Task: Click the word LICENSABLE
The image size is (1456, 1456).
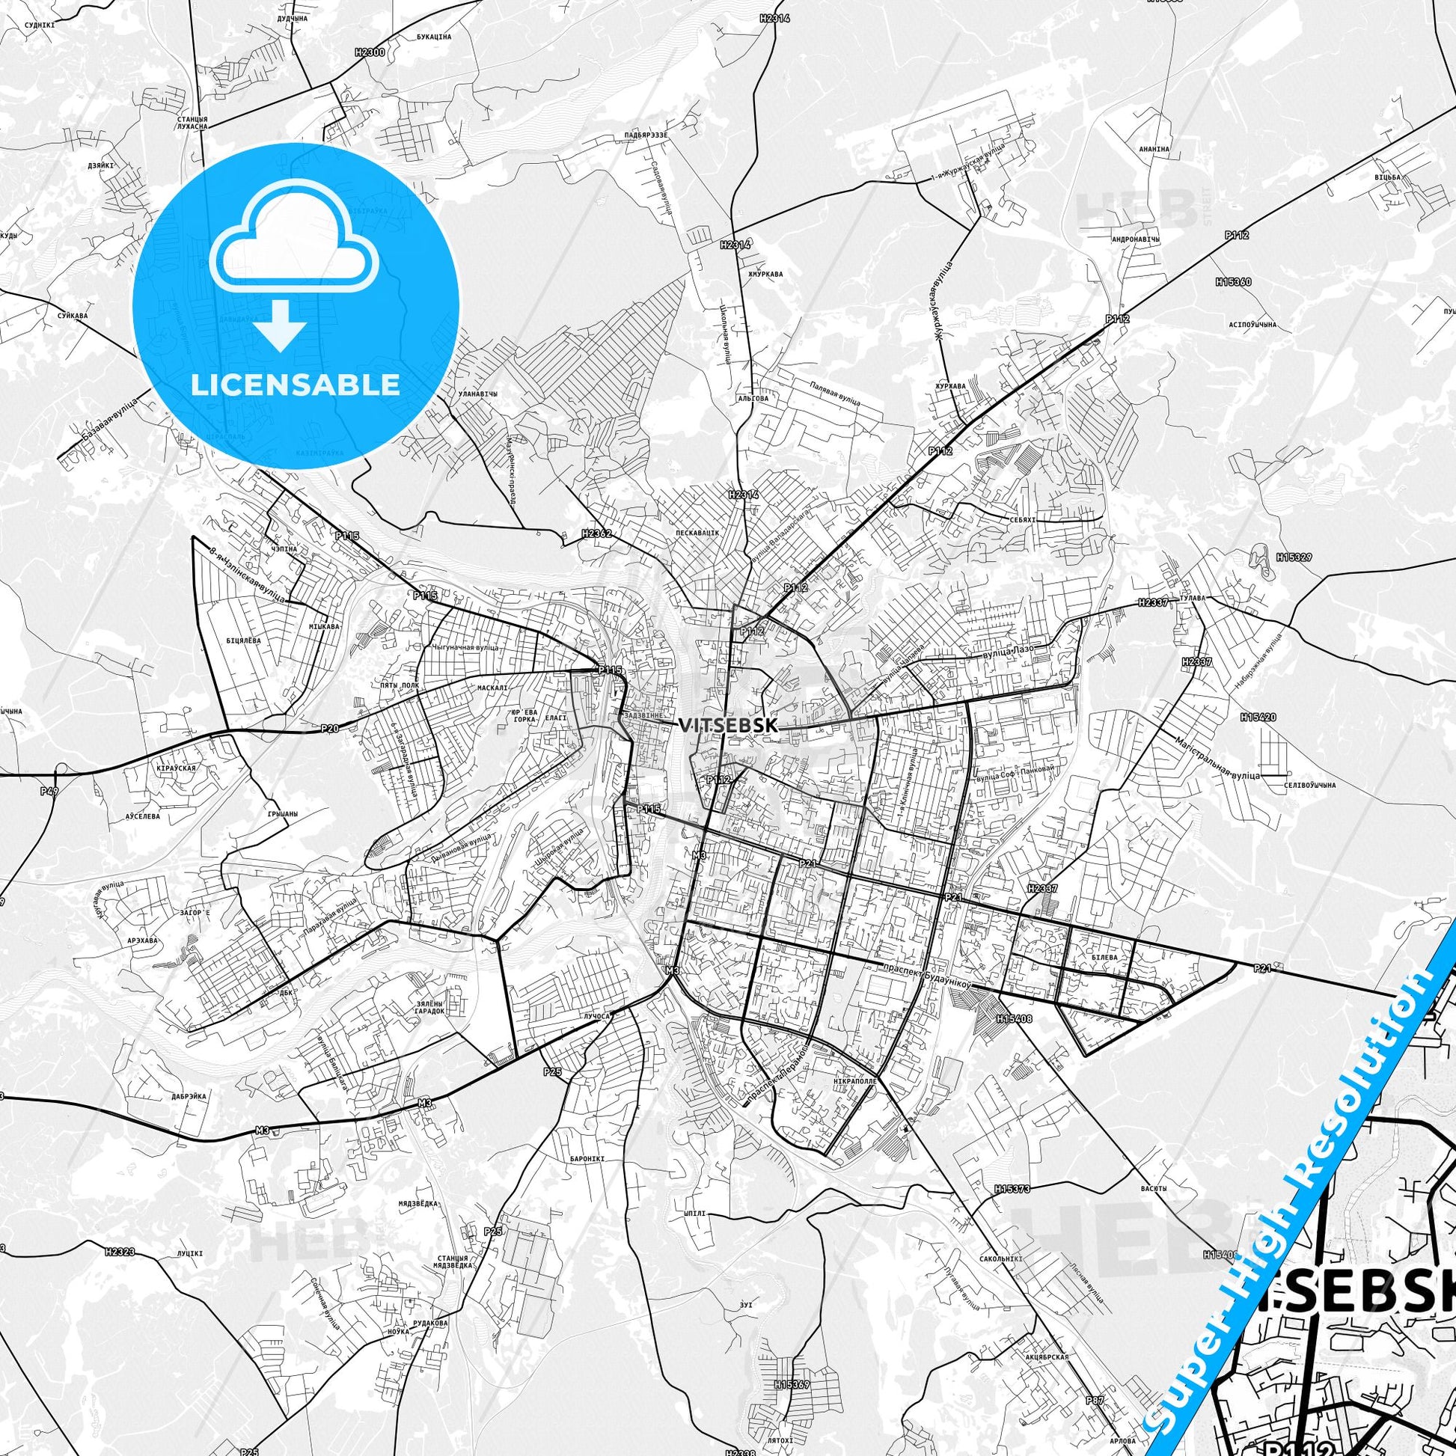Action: pyautogui.click(x=296, y=385)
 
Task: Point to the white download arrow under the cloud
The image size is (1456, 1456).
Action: pyautogui.click(x=281, y=325)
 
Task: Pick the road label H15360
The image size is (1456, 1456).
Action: pyautogui.click(x=1233, y=282)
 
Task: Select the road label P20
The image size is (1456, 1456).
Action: pyautogui.click(x=329, y=727)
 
